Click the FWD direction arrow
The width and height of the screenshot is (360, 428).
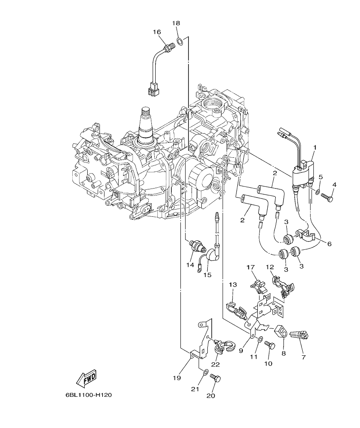(x=86, y=378)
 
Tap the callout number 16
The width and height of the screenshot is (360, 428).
(x=156, y=32)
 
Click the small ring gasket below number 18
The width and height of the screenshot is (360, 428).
(x=180, y=41)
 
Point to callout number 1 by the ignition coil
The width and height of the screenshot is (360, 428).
(x=315, y=148)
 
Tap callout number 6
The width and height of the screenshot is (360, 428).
(x=329, y=244)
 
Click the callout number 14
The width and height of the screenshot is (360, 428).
(x=190, y=265)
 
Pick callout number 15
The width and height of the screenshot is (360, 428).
(x=207, y=275)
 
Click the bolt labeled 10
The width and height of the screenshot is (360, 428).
(x=269, y=344)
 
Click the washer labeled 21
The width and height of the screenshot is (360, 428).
(x=205, y=372)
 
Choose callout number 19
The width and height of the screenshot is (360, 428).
(x=177, y=378)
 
